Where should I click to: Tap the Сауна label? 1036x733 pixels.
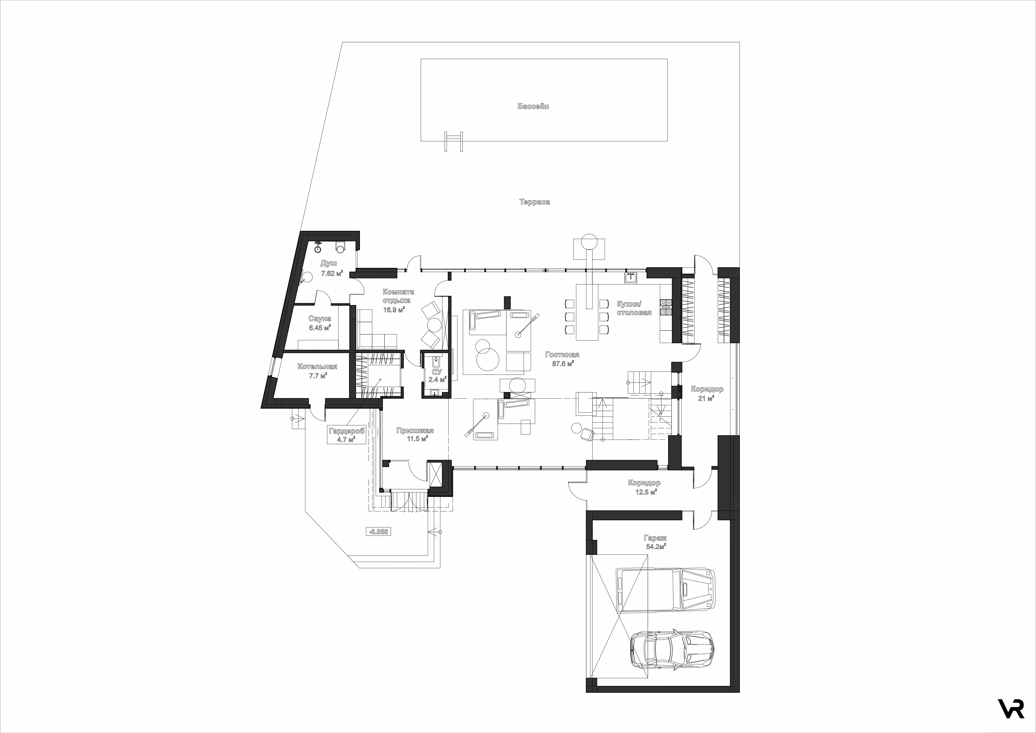[320, 319]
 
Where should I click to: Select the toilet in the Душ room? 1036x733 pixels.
[341, 246]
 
